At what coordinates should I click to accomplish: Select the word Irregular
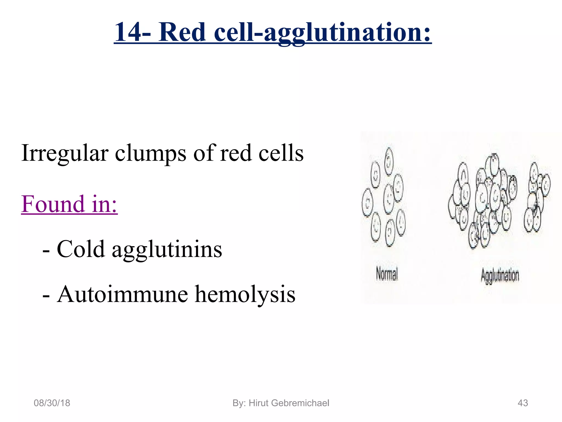pyautogui.click(x=65, y=153)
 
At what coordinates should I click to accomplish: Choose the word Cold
pyautogui.click(x=81, y=249)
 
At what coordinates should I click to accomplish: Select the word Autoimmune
pyautogui.click(x=122, y=294)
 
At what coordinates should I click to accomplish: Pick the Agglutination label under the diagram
pyautogui.click(x=500, y=276)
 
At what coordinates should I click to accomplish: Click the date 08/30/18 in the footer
pyautogui.click(x=52, y=403)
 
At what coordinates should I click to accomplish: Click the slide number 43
pyautogui.click(x=522, y=403)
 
